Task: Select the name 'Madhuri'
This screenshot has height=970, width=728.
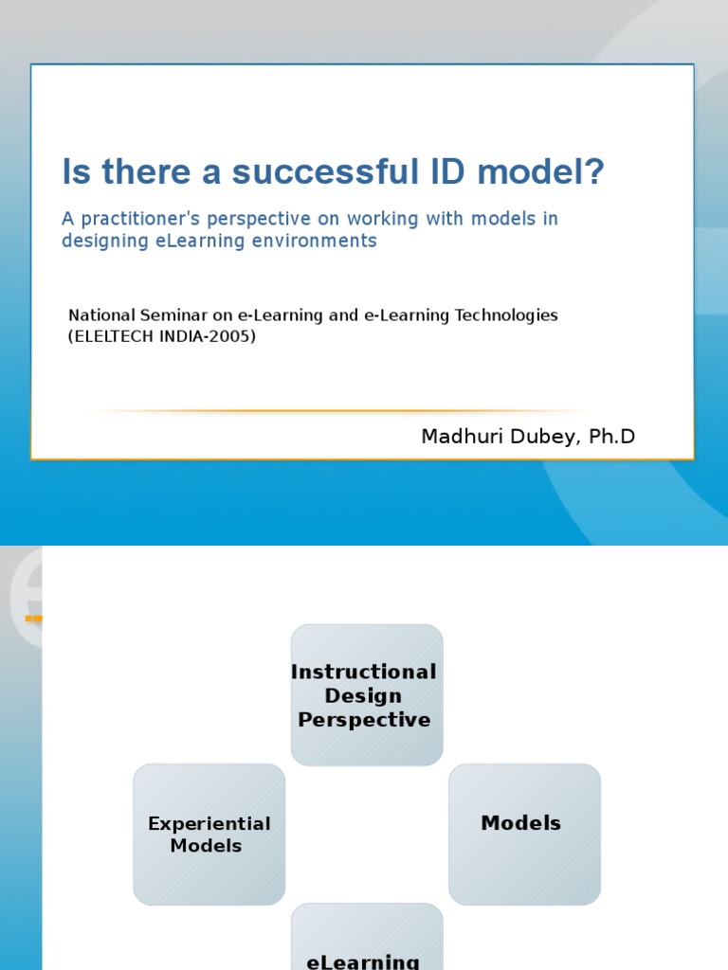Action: click(454, 437)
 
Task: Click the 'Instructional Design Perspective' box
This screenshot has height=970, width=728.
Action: click(366, 694)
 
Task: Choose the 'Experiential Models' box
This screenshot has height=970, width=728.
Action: click(209, 834)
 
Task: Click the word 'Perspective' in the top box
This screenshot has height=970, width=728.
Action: click(364, 720)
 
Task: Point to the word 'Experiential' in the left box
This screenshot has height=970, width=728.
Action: click(209, 824)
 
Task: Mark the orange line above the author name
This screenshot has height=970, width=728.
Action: click(341, 411)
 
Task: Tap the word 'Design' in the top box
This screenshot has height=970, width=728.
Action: click(364, 696)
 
